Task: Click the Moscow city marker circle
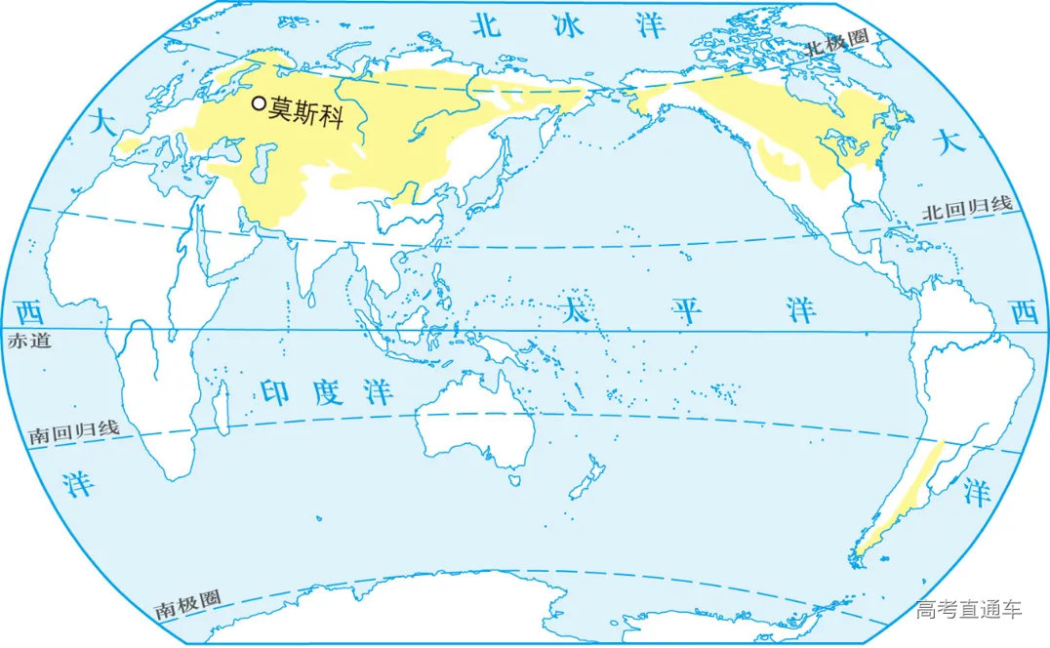[259, 102]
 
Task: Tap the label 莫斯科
[306, 104]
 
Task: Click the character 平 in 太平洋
[687, 310]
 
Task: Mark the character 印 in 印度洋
[276, 390]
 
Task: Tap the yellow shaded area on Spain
[128, 146]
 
